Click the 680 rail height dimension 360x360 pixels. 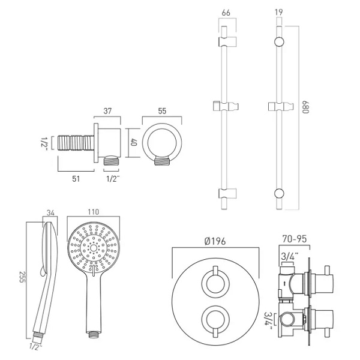coord(305,107)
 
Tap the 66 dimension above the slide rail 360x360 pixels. coord(226,13)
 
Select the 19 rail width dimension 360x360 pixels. coord(278,12)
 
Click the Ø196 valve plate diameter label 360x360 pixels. coord(215,241)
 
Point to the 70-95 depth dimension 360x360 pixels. coord(295,239)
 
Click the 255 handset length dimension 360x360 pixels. coord(22,277)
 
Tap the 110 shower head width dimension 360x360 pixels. coord(94,212)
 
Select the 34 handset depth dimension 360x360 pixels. coord(50,213)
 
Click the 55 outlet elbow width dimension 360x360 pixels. coord(162,111)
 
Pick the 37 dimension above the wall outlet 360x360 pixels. coord(107,111)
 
